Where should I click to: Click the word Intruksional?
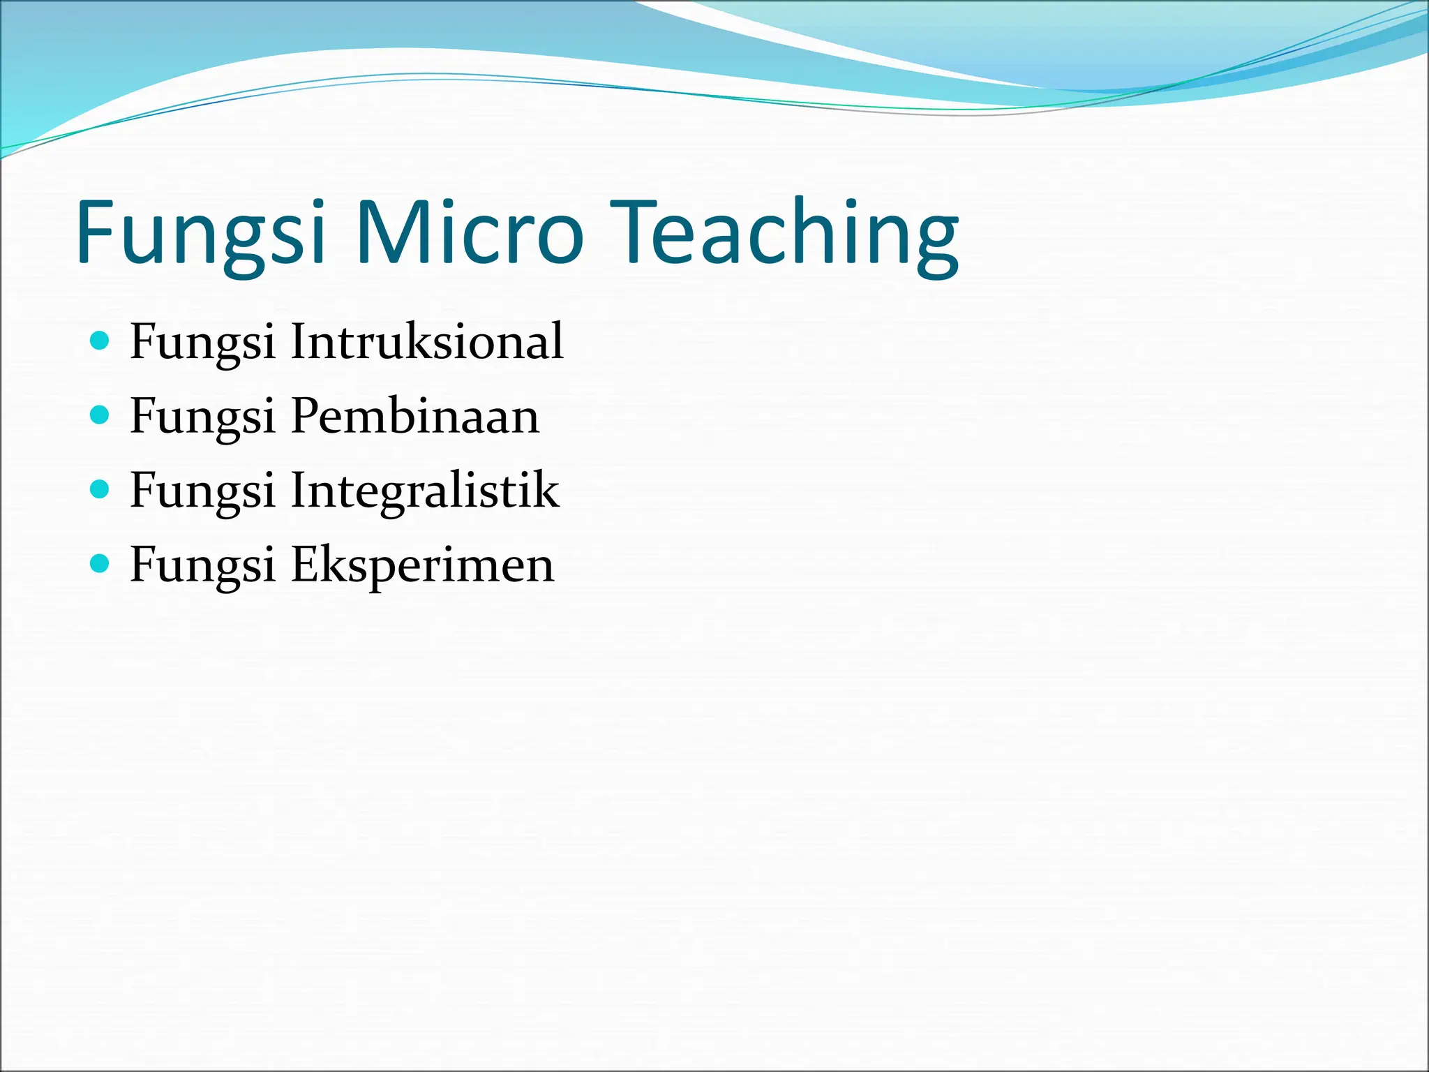tap(426, 341)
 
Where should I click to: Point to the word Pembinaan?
tap(414, 416)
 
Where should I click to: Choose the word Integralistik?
tap(424, 491)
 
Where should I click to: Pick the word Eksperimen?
tap(422, 565)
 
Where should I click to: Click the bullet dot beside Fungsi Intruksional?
tap(100, 341)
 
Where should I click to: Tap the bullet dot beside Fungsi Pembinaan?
tap(100, 415)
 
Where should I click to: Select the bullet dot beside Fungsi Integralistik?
tap(100, 489)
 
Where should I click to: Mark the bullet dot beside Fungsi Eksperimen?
tap(100, 563)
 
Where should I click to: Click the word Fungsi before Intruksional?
tap(202, 343)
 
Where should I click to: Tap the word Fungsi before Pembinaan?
tap(202, 417)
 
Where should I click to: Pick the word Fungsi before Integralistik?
tap(202, 491)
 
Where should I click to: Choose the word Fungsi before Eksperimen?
tap(202, 566)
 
